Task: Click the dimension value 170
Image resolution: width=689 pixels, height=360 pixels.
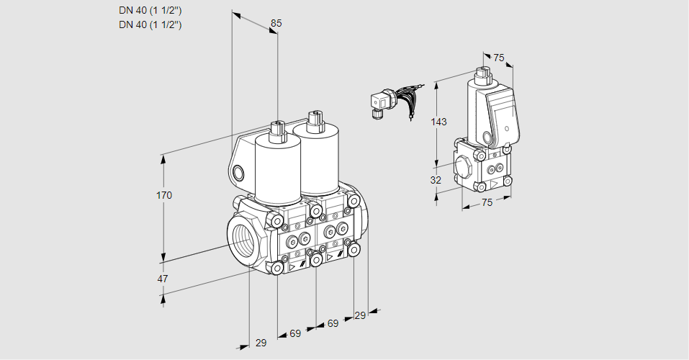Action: pos(166,196)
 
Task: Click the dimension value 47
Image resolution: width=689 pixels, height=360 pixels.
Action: pos(163,279)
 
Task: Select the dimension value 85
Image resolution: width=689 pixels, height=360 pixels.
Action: pos(276,23)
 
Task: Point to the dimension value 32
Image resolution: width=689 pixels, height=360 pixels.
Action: pos(436,180)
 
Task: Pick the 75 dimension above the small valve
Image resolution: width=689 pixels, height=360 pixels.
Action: pos(499,58)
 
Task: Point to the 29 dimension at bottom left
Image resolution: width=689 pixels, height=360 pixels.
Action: pos(261,343)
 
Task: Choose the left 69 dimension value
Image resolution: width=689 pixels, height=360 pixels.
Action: pos(295,333)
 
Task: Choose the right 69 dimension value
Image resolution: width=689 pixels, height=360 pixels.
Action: pos(333,323)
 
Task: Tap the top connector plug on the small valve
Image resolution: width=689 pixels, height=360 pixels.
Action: pos(483,73)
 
